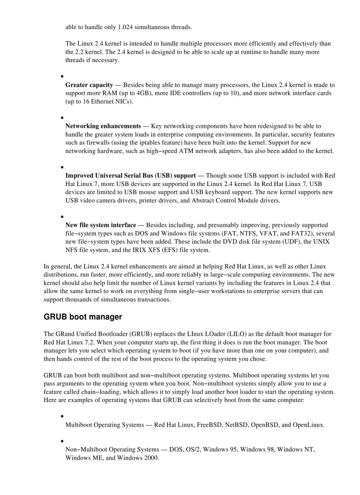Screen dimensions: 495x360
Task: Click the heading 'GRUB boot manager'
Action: (82, 317)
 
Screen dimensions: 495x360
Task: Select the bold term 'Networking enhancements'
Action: (103, 126)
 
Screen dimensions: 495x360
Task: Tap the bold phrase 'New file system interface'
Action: (101, 225)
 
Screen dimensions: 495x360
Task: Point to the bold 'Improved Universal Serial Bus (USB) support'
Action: (131, 175)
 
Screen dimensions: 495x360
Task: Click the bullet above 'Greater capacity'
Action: (62, 76)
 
